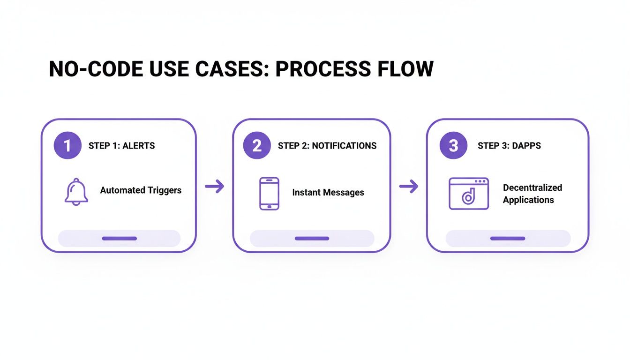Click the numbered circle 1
(x=67, y=145)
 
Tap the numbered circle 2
(x=257, y=145)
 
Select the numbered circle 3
(x=453, y=145)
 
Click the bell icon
(x=76, y=191)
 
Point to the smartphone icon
(x=269, y=193)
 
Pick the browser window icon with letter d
(x=468, y=193)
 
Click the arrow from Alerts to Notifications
(x=215, y=187)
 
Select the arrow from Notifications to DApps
(x=408, y=187)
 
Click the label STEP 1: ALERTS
(x=121, y=146)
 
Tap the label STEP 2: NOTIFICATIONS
(x=327, y=146)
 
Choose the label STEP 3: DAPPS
(x=509, y=146)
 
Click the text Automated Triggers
(x=141, y=190)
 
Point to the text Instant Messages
(x=328, y=192)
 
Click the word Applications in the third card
(x=528, y=200)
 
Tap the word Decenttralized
(x=532, y=187)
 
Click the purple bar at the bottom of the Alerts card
(x=119, y=239)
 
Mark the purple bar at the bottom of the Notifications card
(x=312, y=239)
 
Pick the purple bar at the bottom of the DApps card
(x=508, y=239)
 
